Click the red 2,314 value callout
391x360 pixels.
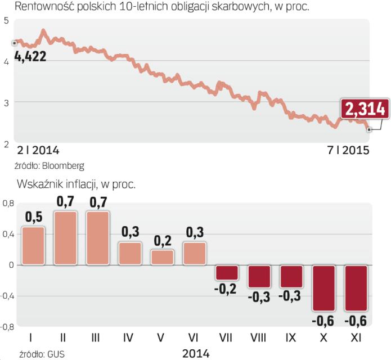pos(363,109)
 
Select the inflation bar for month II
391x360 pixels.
pos(65,237)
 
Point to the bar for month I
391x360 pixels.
pos(32,245)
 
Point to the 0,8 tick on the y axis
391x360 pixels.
pos(8,204)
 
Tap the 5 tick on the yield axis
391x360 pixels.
pos(6,21)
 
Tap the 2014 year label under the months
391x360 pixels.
pos(196,353)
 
